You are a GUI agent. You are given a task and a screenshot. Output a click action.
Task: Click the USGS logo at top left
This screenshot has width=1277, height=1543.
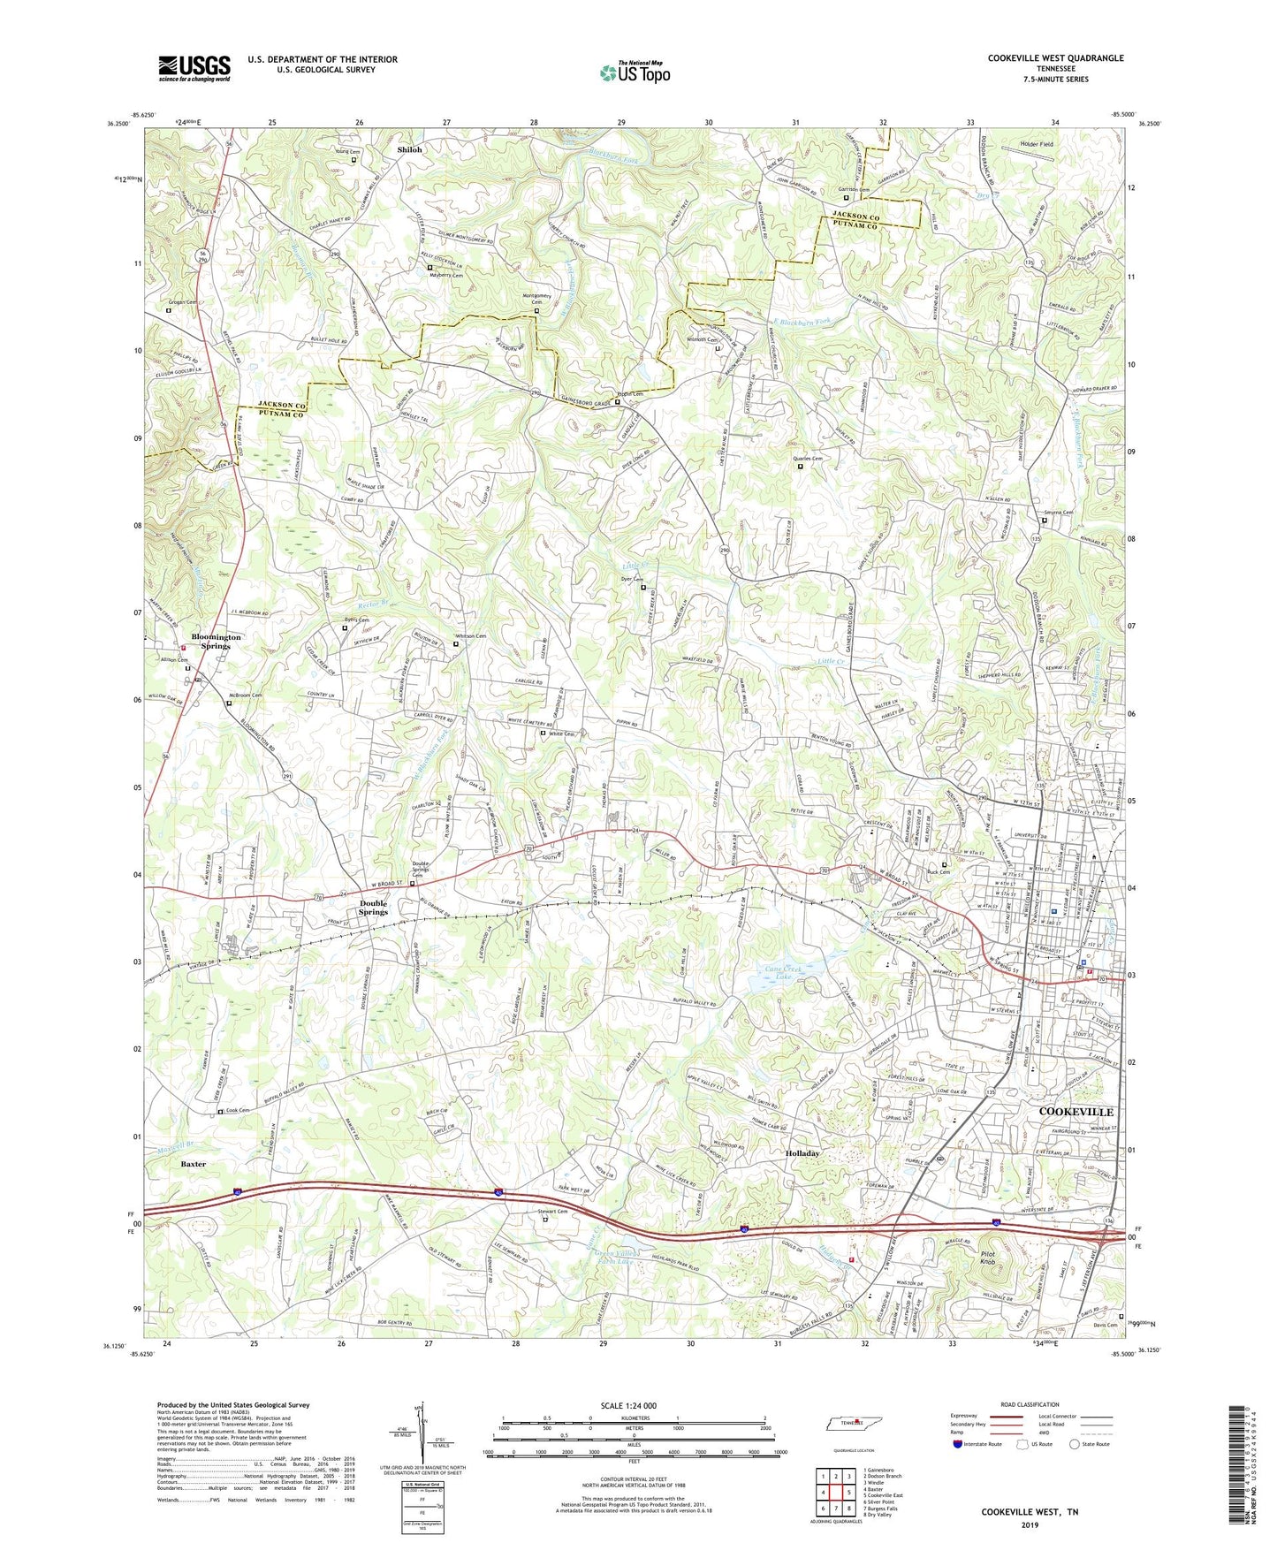click(x=194, y=68)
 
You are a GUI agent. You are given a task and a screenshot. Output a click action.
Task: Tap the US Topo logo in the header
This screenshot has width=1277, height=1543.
click(x=635, y=72)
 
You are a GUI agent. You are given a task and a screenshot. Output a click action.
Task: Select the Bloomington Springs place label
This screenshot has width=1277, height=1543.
click(x=216, y=641)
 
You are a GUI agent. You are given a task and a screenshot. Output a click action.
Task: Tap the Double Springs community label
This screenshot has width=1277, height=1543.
click(x=373, y=907)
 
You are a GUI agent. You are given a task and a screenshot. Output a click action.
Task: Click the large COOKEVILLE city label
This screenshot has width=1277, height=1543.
click(x=1076, y=1112)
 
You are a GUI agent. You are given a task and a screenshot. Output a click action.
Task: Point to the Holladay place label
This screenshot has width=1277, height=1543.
click(x=802, y=1153)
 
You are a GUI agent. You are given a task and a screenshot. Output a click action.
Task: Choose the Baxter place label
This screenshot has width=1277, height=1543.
click(x=194, y=1164)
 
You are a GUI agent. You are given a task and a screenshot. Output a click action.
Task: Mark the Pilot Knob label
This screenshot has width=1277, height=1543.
click(x=987, y=1258)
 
